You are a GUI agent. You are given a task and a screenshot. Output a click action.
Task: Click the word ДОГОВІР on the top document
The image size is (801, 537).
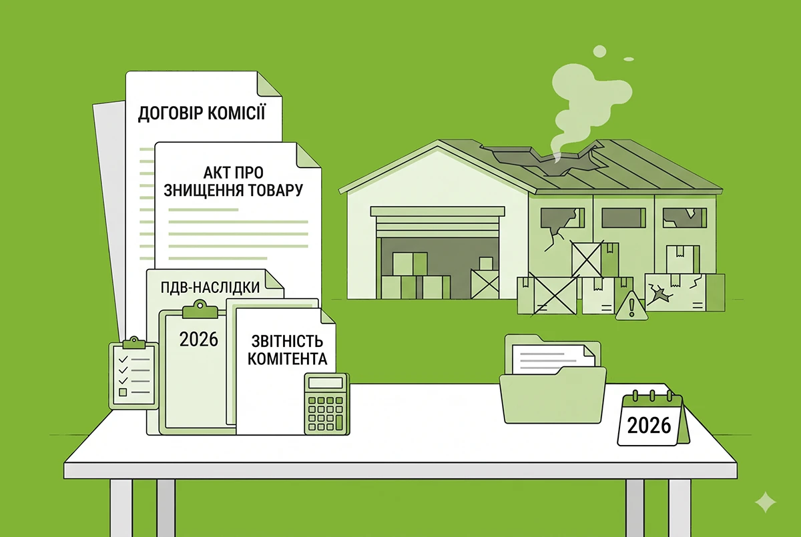pyautogui.click(x=169, y=113)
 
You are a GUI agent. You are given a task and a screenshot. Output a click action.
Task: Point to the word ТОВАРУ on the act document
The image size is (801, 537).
pyautogui.click(x=276, y=189)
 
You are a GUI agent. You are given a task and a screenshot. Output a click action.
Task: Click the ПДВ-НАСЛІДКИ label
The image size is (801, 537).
pyautogui.click(x=210, y=288)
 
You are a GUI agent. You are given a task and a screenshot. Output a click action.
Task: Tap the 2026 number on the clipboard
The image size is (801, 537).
pyautogui.click(x=198, y=339)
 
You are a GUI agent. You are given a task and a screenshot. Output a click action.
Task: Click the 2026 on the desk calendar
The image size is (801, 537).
pyautogui.click(x=649, y=426)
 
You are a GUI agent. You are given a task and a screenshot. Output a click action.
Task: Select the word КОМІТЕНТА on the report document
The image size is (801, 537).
pyautogui.click(x=288, y=359)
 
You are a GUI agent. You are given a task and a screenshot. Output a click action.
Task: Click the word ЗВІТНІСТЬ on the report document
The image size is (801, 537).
pyautogui.click(x=288, y=342)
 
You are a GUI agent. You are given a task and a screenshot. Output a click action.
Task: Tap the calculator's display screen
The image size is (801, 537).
pyautogui.click(x=326, y=383)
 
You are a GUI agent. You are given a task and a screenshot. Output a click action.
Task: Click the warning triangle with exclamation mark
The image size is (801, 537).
pyautogui.click(x=631, y=306)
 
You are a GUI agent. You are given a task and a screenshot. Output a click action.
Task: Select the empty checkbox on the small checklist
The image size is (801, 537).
pyautogui.click(x=123, y=392)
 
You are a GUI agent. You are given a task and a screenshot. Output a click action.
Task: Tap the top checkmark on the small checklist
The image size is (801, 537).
pyautogui.click(x=123, y=359)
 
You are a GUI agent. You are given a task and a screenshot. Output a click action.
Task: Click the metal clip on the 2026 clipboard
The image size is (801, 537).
pyautogui.click(x=200, y=310)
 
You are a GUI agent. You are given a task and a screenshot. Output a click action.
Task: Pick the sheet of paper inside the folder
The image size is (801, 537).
pyautogui.click(x=553, y=358)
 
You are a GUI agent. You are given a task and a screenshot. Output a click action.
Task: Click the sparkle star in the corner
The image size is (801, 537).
pyautogui.click(x=765, y=502)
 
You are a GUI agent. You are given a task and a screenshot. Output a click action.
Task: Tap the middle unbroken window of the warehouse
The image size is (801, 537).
pyautogui.click(x=623, y=218)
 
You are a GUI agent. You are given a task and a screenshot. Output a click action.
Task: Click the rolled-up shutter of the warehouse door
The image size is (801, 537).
pyautogui.click(x=437, y=225)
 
